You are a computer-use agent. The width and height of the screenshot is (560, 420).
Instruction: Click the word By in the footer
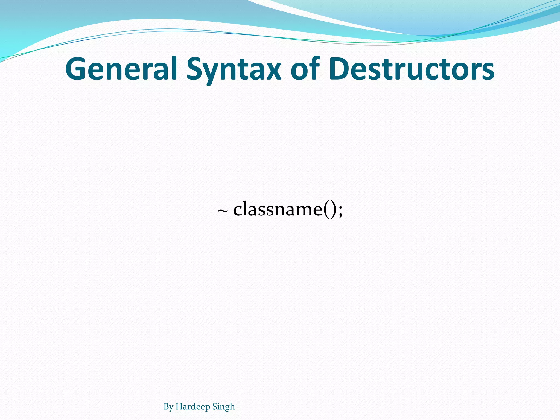(168, 407)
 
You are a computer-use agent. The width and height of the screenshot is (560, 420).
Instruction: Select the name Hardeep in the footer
(193, 407)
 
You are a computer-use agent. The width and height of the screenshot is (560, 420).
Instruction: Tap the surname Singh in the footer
(223, 407)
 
